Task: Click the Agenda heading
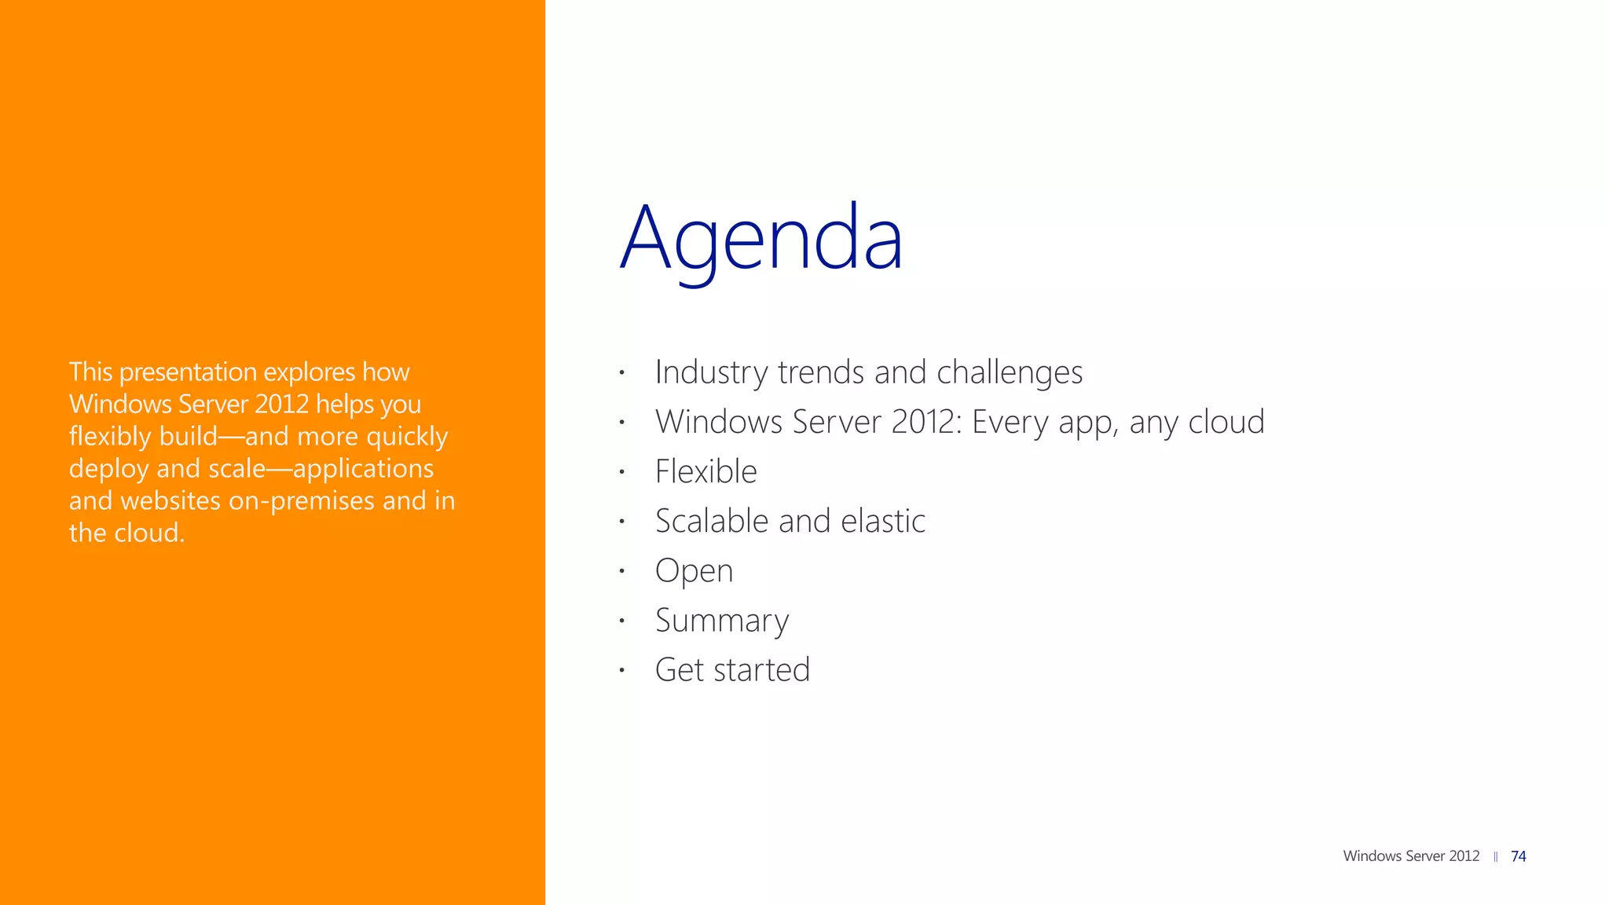(x=761, y=238)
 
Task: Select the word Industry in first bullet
(x=711, y=372)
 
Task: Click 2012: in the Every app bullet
(x=926, y=422)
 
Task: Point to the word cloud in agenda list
(x=1226, y=422)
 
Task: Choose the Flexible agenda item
(x=706, y=471)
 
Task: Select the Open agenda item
(x=694, y=571)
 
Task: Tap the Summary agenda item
(x=721, y=621)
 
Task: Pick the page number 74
(x=1518, y=856)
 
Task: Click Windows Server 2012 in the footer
(x=1411, y=856)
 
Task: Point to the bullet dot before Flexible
(x=621, y=472)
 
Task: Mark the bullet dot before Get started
(x=621, y=670)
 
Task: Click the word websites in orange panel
(x=170, y=501)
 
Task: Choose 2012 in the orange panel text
(x=281, y=404)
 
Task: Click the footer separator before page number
(x=1495, y=857)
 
